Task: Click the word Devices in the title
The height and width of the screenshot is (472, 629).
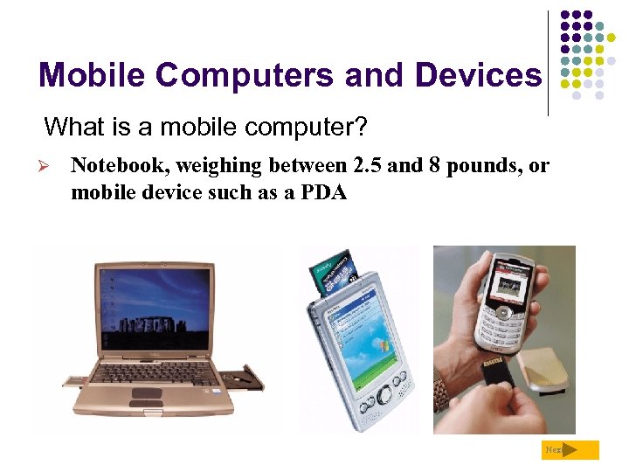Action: (x=478, y=76)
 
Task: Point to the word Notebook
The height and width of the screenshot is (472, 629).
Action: (x=111, y=165)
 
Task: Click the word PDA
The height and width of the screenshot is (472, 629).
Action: (x=326, y=192)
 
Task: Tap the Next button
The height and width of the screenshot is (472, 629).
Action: (x=571, y=450)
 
